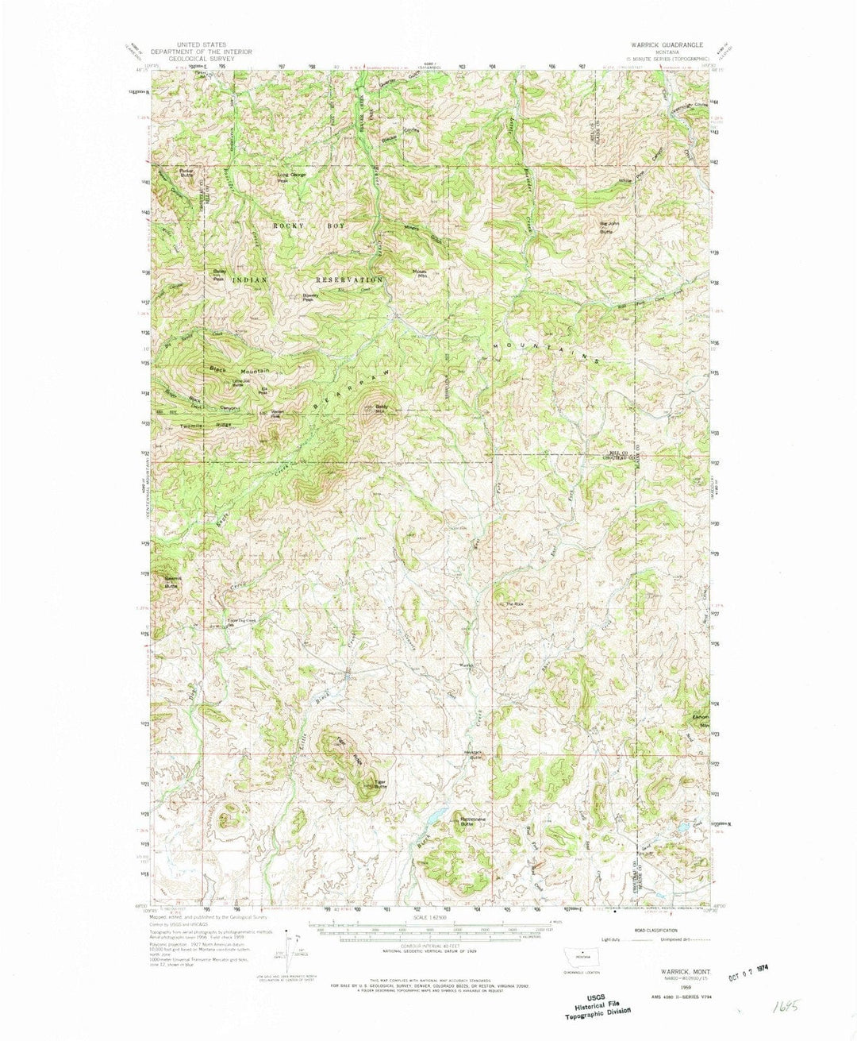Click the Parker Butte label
[186, 172]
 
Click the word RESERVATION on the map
[348, 280]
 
